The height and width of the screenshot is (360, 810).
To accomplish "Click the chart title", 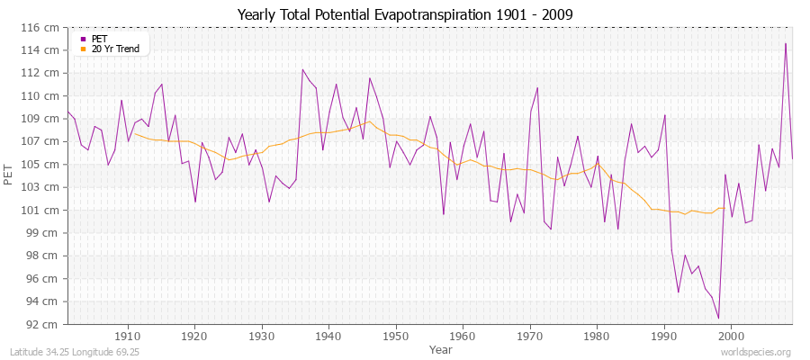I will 404,14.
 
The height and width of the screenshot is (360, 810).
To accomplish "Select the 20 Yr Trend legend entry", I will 116,49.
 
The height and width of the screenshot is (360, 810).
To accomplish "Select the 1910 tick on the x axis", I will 128,336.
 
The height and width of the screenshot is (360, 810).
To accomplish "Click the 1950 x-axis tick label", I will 395,336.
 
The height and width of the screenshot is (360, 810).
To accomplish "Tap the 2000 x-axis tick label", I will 730,336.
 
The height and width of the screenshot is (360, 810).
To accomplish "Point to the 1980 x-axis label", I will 596,336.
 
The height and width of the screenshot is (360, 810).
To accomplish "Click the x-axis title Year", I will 441,348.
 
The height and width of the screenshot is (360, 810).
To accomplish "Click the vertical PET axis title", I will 9,175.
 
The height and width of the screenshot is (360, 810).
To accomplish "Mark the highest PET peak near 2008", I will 786,43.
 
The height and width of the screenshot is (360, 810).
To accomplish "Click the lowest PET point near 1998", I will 718,319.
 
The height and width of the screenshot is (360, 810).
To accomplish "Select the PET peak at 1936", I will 302,69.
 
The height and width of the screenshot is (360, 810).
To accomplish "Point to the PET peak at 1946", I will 369,77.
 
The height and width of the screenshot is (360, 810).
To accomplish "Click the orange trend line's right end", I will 723,208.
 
